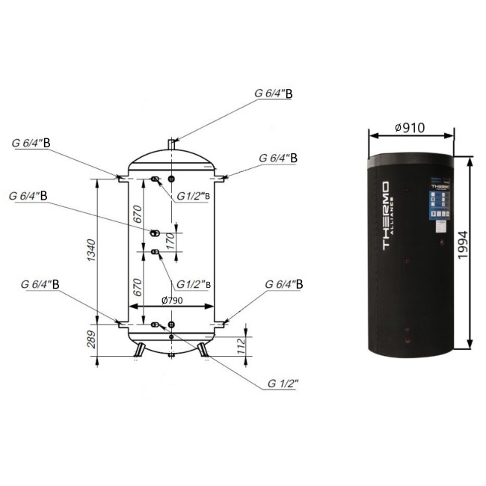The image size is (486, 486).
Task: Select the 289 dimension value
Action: tap(91, 341)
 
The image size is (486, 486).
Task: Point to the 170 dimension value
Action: tap(169, 241)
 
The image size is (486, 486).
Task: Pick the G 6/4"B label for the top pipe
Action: tap(274, 93)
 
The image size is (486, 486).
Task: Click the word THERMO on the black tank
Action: tap(384, 217)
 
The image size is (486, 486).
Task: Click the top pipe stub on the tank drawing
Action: tap(171, 141)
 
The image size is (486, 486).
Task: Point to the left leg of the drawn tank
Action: tap(141, 348)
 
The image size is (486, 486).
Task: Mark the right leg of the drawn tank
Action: tap(202, 348)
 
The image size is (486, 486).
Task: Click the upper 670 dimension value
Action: tap(138, 216)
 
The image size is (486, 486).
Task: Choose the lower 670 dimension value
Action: tap(138, 288)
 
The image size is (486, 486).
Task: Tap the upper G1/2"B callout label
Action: tap(194, 197)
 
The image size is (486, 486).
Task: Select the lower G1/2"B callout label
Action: tap(194, 284)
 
